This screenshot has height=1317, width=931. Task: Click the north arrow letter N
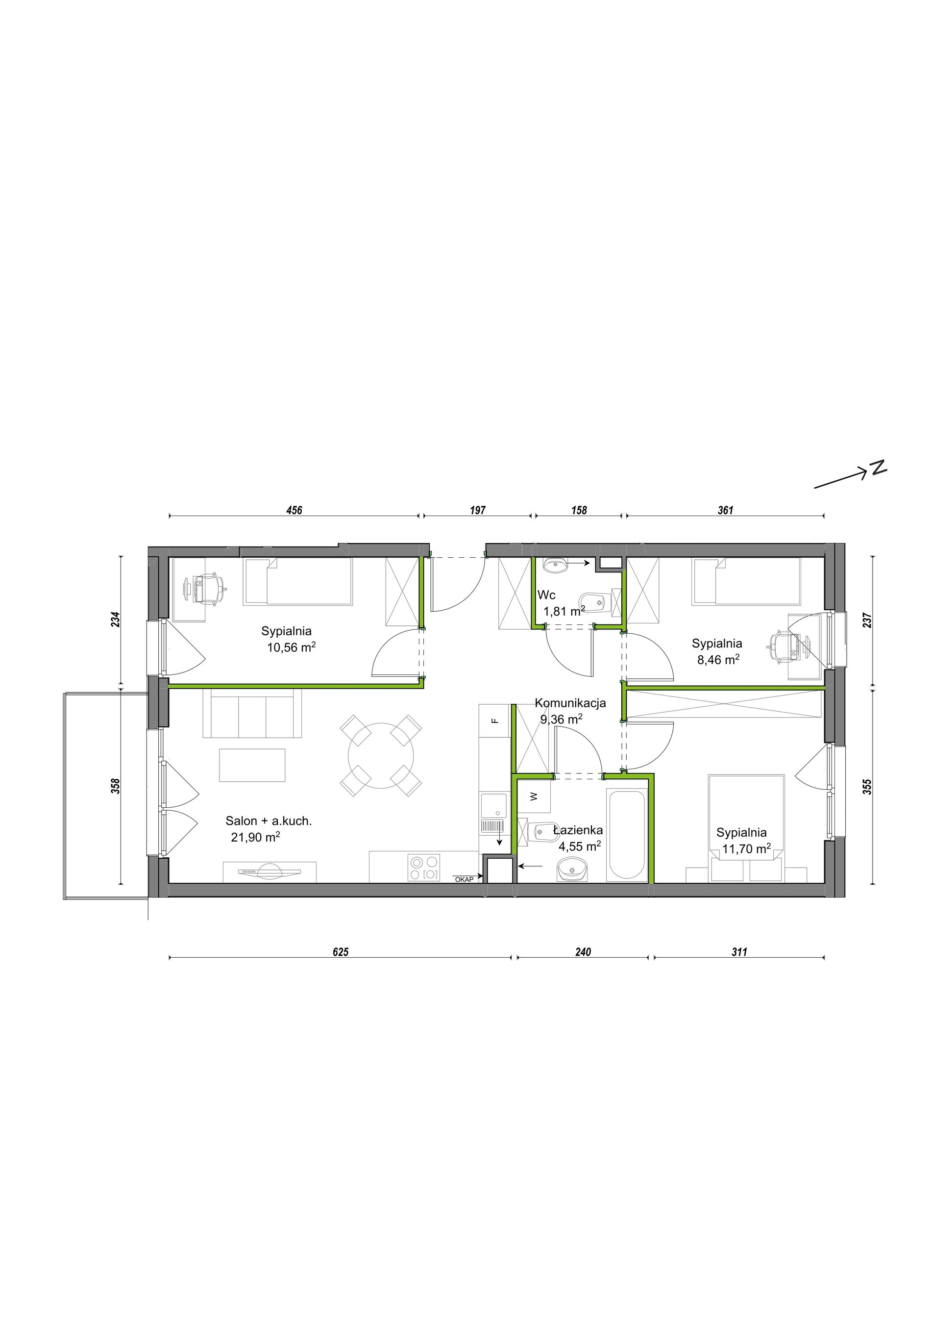(878, 468)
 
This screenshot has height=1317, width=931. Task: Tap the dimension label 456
(294, 510)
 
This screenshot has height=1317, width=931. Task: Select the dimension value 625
(341, 952)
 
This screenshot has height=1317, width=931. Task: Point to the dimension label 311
(739, 952)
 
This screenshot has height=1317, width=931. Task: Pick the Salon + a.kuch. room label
(269, 821)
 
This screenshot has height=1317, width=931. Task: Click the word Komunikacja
(570, 703)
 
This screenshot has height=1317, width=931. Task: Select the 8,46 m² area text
(718, 660)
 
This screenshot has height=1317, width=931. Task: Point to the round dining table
(381, 755)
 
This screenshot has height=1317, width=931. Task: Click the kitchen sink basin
(493, 805)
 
